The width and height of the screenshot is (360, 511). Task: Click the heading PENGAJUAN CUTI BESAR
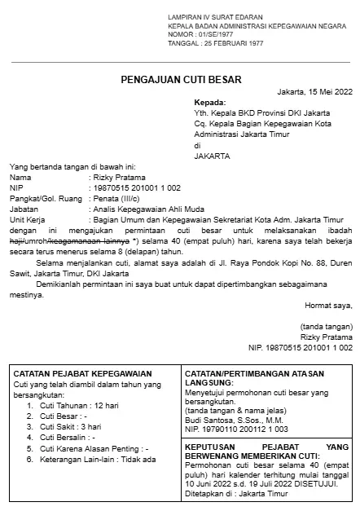(x=180, y=78)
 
